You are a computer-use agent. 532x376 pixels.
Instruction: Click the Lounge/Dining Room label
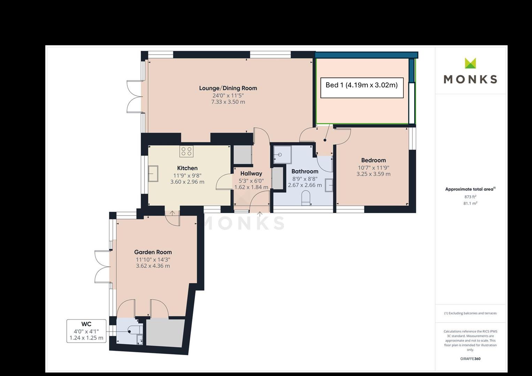tap(228, 88)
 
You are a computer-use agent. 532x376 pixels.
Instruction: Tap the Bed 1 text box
tap(362, 88)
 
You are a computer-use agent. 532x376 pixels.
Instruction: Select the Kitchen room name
tap(187, 168)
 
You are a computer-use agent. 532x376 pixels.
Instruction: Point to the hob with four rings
tap(186, 151)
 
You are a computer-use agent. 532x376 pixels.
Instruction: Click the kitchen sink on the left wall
tap(153, 173)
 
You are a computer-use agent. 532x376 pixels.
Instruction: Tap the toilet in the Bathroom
tap(306, 198)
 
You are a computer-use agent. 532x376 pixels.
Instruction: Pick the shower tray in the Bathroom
tap(283, 155)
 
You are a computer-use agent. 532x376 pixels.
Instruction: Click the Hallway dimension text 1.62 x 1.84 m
tap(251, 187)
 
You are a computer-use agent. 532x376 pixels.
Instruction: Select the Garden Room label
tap(153, 252)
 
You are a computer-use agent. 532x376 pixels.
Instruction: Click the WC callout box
tap(86, 331)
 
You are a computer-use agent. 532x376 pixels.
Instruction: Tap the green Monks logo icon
tap(470, 63)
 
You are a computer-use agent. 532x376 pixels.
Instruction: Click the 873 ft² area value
tap(470, 197)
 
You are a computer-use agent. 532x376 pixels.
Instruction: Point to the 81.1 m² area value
tap(470, 203)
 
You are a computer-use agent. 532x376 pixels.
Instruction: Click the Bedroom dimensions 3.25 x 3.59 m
tap(373, 174)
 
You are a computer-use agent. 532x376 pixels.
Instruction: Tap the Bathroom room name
tap(305, 171)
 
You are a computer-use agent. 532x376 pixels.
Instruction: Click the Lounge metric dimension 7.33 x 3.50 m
tap(228, 102)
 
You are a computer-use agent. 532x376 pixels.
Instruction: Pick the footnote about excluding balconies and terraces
tap(470, 313)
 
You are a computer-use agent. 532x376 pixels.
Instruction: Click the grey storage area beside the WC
tap(165, 333)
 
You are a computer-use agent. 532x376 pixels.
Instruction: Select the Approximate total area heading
tap(470, 189)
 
